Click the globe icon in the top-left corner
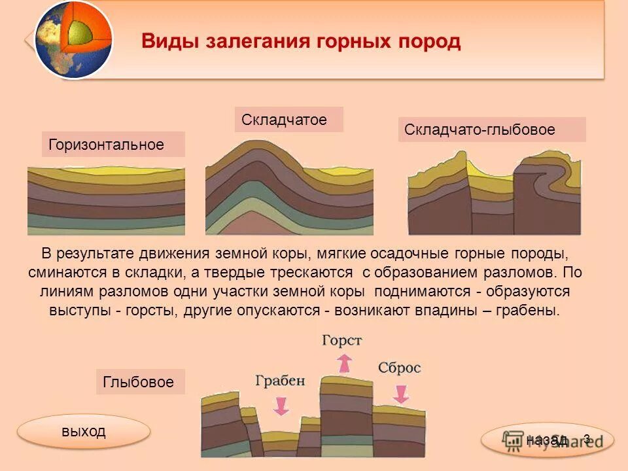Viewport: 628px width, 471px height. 73,40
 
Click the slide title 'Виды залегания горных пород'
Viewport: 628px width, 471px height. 301,42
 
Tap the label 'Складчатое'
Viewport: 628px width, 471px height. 288,120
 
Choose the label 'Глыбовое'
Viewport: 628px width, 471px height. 140,381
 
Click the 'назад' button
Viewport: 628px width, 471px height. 547,440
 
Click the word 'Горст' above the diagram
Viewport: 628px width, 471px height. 341,340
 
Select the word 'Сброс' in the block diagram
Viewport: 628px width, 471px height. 399,368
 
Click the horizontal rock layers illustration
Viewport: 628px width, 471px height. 106,200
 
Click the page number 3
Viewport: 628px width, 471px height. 587,439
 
